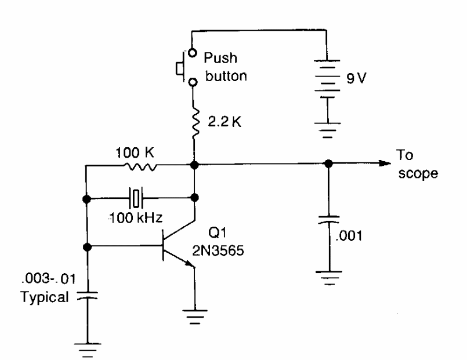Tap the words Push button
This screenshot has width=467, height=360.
coord(225,67)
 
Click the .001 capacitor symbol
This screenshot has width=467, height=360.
coord(328,221)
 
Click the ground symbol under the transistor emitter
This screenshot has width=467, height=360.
coord(195,316)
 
